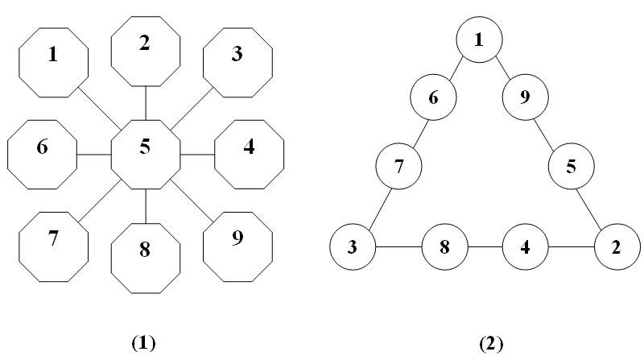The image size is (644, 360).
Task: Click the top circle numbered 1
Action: [479, 39]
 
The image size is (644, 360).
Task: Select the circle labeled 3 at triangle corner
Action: [353, 246]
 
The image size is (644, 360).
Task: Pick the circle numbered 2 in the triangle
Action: [617, 246]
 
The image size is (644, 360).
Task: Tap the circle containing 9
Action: [526, 98]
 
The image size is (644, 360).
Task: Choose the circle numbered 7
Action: [399, 168]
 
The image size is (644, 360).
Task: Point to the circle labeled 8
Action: [445, 246]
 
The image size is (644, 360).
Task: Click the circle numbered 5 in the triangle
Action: [571, 168]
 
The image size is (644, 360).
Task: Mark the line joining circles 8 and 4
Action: [485, 246]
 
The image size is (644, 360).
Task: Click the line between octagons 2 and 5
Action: [145, 103]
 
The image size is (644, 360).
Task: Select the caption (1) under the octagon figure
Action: [142, 343]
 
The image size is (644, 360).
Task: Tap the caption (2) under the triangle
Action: [490, 343]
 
